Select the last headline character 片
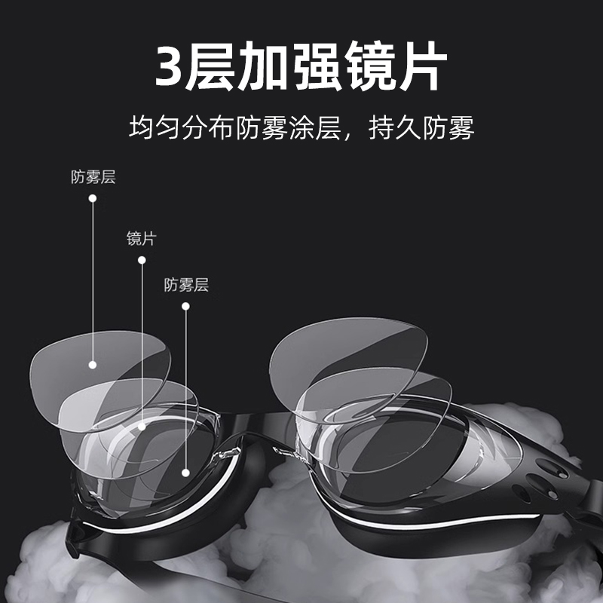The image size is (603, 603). click(421, 66)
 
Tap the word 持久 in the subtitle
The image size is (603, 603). click(393, 127)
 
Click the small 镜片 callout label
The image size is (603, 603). click(141, 239)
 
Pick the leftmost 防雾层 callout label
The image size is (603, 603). click(93, 178)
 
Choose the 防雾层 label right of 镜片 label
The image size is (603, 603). click(186, 285)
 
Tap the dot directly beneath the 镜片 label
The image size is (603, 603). click(141, 260)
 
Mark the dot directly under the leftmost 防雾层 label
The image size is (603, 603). click(93, 198)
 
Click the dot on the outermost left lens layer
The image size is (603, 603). click(93, 364)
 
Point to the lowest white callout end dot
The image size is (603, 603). click(186, 473)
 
